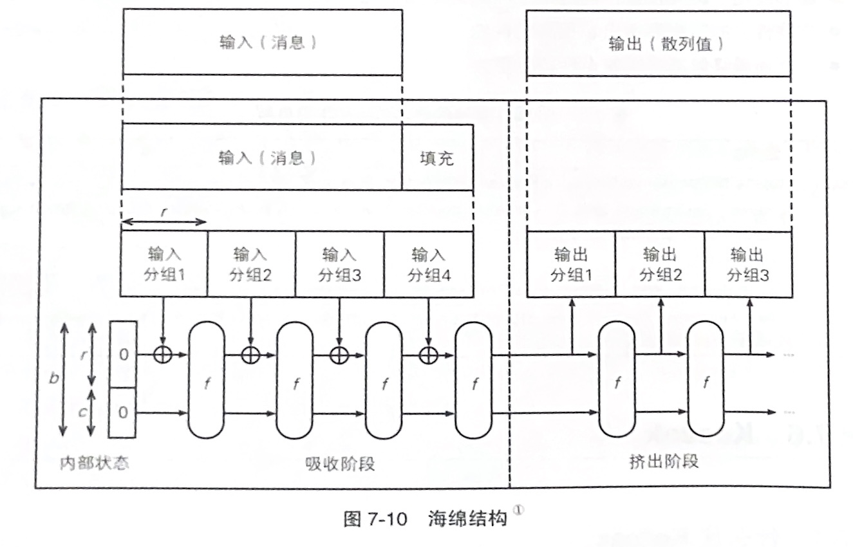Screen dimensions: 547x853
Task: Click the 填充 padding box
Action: pos(437,158)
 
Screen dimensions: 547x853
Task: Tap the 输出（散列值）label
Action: pos(658,44)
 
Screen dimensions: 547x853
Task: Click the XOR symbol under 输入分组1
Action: pos(164,354)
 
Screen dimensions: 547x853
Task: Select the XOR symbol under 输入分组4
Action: pos(428,354)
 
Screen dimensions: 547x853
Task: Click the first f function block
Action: pos(207,381)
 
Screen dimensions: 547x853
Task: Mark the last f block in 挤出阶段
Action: pos(706,381)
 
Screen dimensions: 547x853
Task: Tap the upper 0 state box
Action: pos(123,354)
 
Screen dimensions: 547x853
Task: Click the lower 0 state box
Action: pos(123,412)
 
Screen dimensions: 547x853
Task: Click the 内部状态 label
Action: pos(93,463)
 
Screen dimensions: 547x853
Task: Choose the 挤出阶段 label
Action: pos(663,462)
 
